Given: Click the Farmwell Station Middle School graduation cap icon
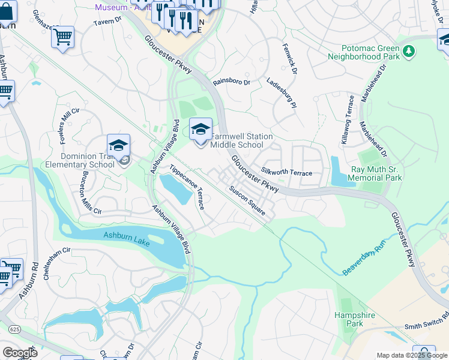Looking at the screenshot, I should tap(200, 128).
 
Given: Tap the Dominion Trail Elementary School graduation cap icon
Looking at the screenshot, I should tap(118, 145).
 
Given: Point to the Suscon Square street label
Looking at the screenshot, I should tap(247, 199).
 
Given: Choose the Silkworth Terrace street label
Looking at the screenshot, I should tap(286, 173).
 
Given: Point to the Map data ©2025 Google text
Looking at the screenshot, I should tap(411, 355).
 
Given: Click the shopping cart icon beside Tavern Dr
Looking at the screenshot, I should tap(62, 37).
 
